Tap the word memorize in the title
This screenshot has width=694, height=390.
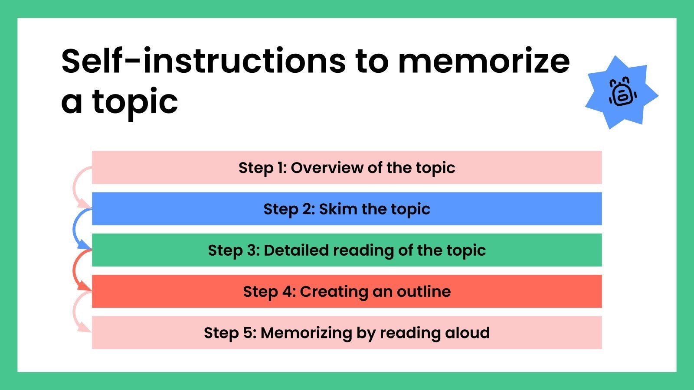pyautogui.click(x=484, y=61)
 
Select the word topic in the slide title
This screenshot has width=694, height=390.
pyautogui.click(x=135, y=102)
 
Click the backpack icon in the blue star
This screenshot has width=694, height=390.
pyautogui.click(x=622, y=92)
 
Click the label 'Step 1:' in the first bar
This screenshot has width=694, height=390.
pyautogui.click(x=262, y=168)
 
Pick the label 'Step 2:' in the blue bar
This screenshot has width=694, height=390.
pyautogui.click(x=288, y=209)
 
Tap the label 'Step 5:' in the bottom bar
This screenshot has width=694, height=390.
pyautogui.click(x=229, y=333)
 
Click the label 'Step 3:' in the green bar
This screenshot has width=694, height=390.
pyautogui.click(x=233, y=250)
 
